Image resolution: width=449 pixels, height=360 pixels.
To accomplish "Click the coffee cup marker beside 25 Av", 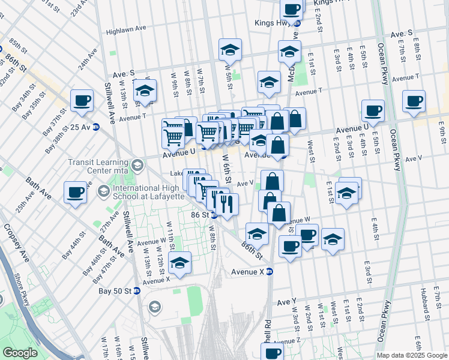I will (x=82, y=101).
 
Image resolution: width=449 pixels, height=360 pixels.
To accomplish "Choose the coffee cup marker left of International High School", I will (x=76, y=192).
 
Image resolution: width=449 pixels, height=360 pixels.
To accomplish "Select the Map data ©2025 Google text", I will (x=412, y=355).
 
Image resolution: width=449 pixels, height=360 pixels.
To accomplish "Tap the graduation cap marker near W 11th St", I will (x=179, y=263).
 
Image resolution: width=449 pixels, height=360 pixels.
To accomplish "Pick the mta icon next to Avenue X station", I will (x=270, y=272).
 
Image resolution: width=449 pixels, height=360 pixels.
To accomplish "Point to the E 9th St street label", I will (x=442, y=128).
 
